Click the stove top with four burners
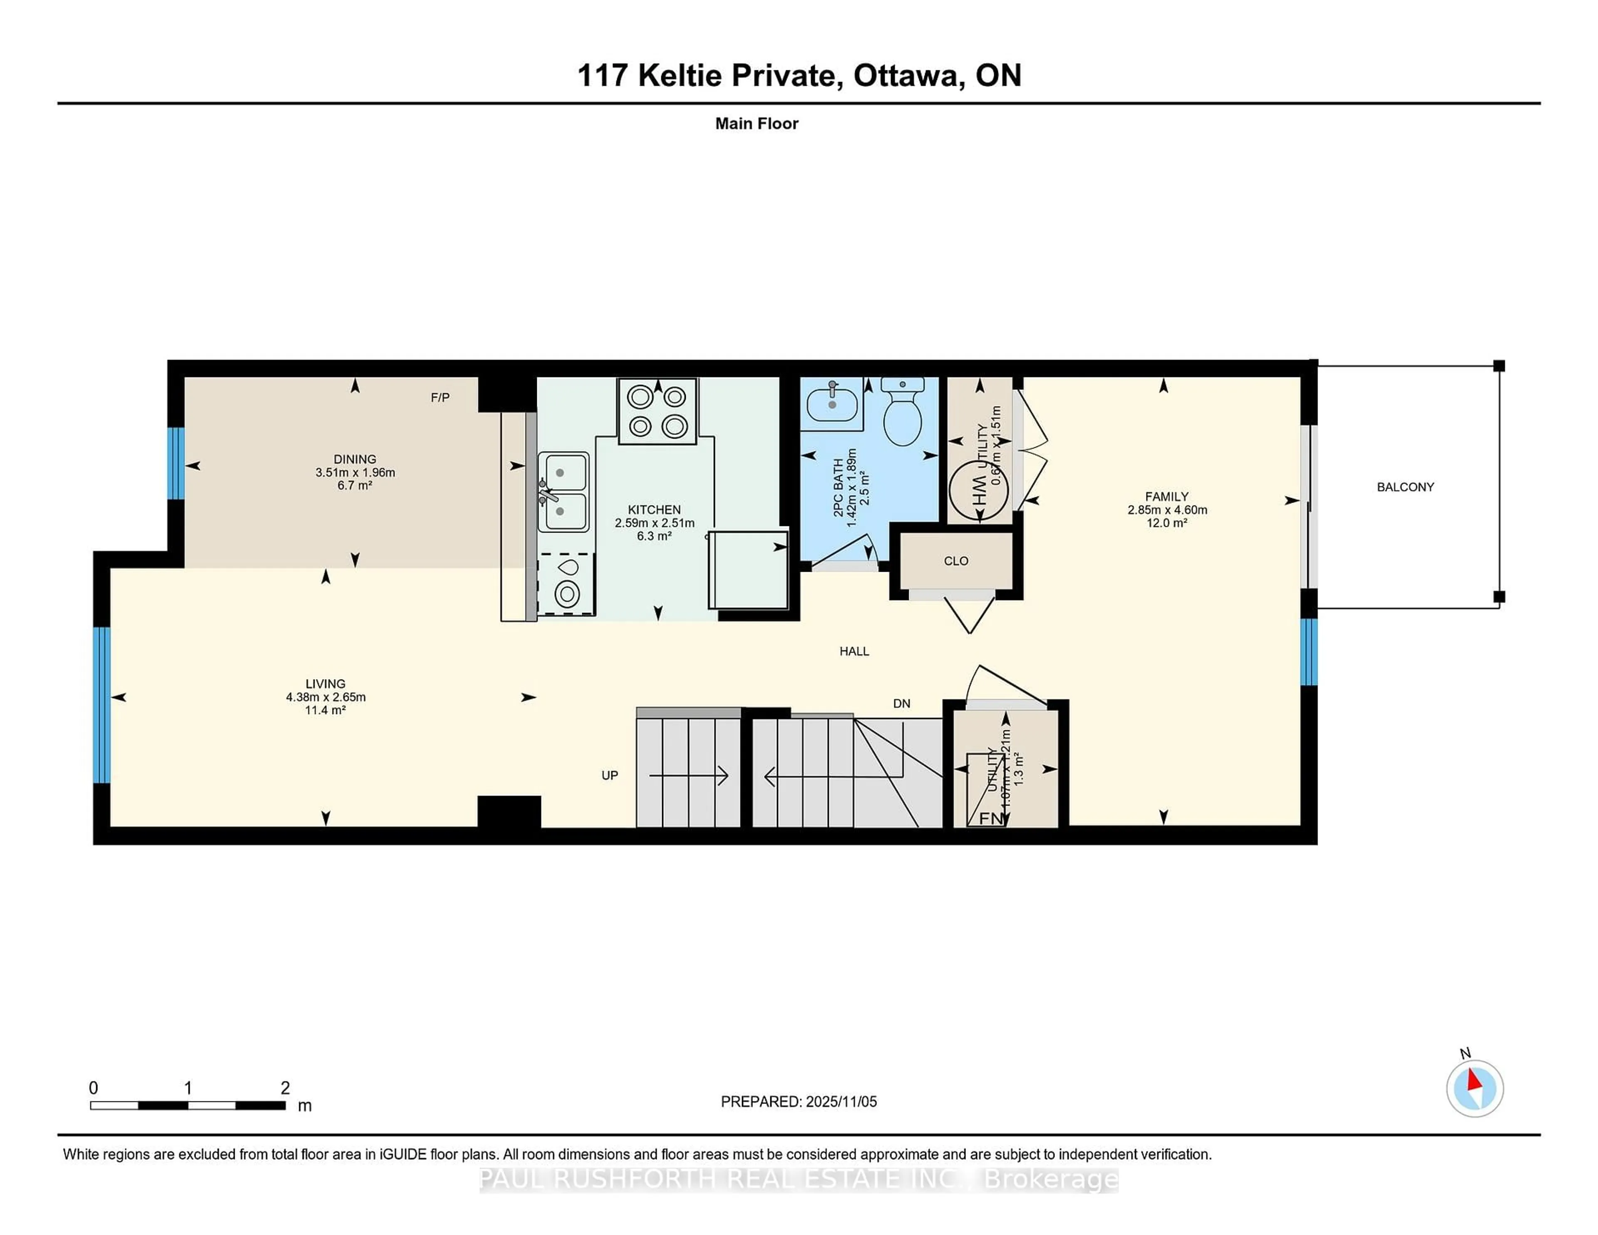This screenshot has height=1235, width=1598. tap(657, 411)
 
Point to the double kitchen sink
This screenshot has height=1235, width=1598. tap(563, 491)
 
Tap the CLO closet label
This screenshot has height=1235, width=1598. tap(955, 561)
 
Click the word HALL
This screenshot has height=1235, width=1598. tap(854, 651)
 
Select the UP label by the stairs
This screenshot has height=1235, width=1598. tap(610, 776)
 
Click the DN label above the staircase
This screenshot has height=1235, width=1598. tap(901, 704)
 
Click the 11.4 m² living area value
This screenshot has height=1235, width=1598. tap(325, 710)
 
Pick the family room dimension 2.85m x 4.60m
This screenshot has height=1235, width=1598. tap(1167, 510)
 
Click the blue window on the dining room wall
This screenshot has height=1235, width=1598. tap(176, 463)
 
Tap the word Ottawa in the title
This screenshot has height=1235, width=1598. tap(906, 75)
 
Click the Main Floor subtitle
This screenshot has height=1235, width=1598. tap(757, 124)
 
